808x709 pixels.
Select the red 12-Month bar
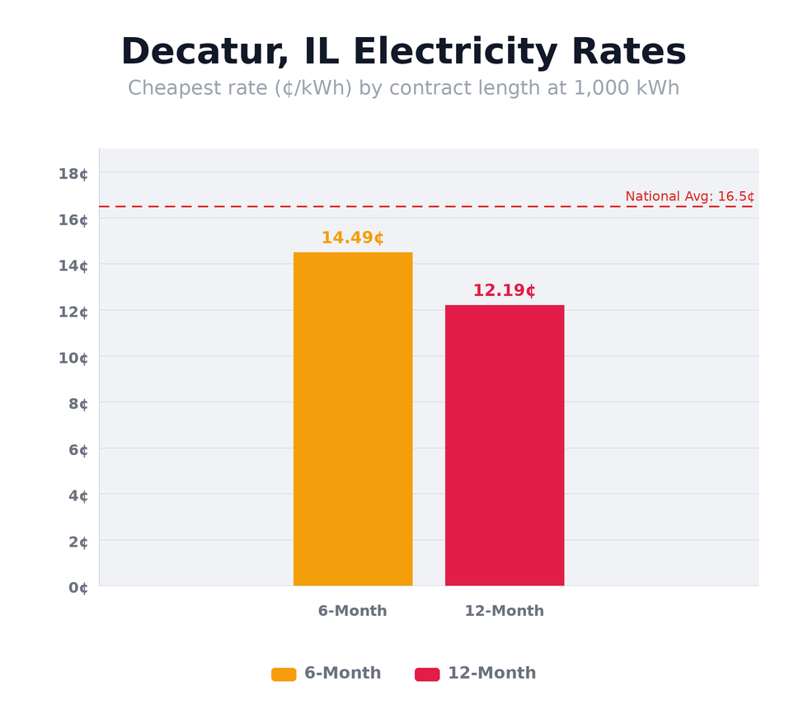click(x=505, y=445)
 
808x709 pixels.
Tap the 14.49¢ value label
click(x=352, y=238)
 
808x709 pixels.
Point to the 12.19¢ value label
click(x=504, y=291)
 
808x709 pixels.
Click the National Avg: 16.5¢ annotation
click(x=689, y=197)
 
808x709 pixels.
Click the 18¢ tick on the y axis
click(x=73, y=173)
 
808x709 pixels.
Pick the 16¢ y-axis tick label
click(x=73, y=219)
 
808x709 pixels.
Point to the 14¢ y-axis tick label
click(x=73, y=265)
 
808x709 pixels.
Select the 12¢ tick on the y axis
click(x=73, y=312)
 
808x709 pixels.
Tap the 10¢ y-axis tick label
click(x=73, y=358)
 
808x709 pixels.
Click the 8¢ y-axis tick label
click(x=78, y=404)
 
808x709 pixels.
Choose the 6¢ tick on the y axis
click(x=78, y=450)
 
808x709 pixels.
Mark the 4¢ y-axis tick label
click(x=78, y=495)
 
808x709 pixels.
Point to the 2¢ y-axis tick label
click(x=78, y=542)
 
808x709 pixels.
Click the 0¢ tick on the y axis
click(x=78, y=588)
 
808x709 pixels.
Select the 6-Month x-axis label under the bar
click(x=352, y=611)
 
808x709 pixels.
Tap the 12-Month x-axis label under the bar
click(x=504, y=611)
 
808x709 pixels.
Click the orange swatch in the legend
click(x=284, y=674)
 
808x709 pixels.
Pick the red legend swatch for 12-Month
click(x=427, y=674)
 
